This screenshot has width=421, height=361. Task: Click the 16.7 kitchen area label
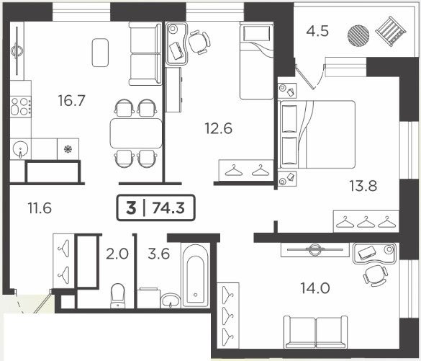tap(72, 101)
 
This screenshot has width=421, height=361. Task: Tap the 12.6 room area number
tap(218, 128)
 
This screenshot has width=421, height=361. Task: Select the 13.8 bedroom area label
tap(363, 186)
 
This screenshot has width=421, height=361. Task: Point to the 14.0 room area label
tap(315, 288)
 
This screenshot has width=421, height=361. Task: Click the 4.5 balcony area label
tap(317, 31)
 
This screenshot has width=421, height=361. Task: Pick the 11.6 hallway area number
tap(40, 208)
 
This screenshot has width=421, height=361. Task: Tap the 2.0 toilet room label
tap(117, 254)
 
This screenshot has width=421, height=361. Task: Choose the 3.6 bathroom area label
tap(158, 254)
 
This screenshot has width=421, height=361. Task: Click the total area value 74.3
tap(168, 208)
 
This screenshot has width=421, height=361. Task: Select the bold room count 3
tap(131, 208)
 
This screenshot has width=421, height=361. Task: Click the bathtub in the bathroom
tap(196, 275)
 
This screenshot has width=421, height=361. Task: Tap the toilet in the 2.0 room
tap(118, 295)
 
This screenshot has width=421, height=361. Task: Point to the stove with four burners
tap(21, 106)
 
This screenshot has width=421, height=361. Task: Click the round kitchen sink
tap(20, 149)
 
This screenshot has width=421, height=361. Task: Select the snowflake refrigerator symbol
tap(68, 149)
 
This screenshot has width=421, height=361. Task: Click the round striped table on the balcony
tap(358, 35)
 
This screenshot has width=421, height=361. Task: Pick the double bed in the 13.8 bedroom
tap(317, 135)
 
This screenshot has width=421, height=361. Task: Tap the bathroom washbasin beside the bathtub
tap(171, 300)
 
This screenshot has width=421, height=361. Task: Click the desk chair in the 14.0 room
tap(375, 275)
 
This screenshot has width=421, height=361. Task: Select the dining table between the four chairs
tap(136, 133)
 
